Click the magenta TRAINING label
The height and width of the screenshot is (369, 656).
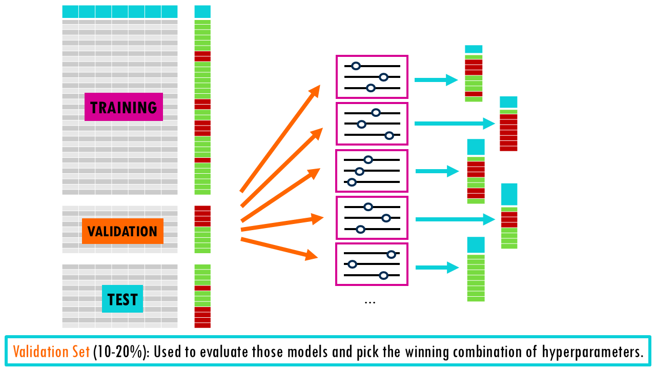click(124, 107)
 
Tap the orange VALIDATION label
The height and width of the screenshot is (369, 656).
click(122, 231)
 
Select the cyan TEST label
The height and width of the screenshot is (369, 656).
click(122, 299)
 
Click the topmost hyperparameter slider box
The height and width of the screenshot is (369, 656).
click(372, 77)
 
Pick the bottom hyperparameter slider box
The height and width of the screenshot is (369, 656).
click(372, 264)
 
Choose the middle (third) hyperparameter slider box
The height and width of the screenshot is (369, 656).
click(372, 170)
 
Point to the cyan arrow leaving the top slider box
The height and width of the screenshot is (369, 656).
click(435, 80)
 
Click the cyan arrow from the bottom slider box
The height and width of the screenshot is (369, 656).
click(436, 267)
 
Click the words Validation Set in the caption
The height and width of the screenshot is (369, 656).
click(51, 352)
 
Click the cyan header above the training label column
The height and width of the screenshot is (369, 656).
click(202, 12)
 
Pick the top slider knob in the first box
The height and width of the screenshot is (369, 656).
click(356, 66)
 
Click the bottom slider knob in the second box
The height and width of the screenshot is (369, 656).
click(389, 135)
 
